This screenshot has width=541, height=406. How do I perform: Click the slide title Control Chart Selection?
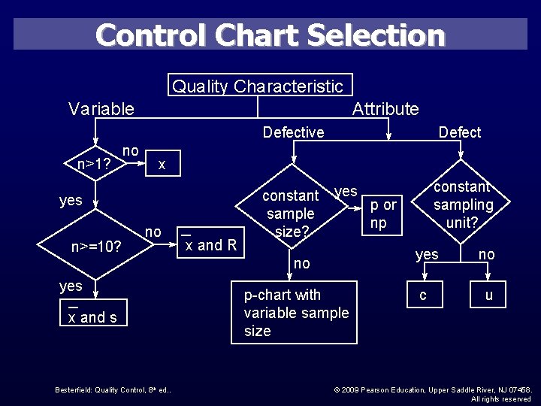270,35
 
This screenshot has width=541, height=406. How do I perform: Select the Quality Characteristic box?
258,86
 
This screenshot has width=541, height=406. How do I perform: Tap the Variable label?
101,109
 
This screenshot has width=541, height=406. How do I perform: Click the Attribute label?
385,109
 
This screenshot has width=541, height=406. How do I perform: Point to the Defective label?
293,132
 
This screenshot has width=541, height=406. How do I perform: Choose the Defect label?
459,132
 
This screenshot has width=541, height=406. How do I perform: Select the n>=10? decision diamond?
96,246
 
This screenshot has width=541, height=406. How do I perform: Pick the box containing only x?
162,164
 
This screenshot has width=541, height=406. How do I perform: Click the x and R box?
210,241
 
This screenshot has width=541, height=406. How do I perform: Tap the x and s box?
92,314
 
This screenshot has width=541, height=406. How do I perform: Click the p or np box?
383,214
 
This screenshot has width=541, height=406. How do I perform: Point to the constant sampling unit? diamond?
463,205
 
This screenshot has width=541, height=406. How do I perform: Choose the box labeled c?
423,295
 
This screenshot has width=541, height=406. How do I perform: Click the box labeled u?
488,295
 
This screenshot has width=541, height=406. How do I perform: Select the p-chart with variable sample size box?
295,313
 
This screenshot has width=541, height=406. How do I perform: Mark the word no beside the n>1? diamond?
131,151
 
